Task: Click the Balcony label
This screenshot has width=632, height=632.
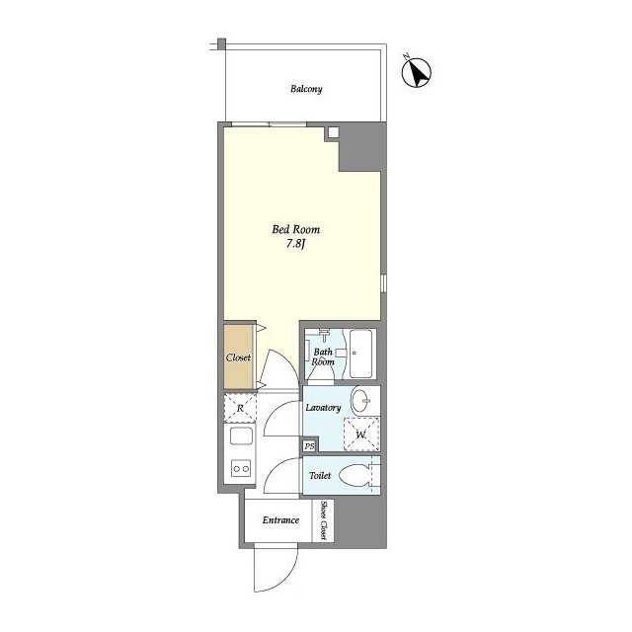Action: (x=306, y=89)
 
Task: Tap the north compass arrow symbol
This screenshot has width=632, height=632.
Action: (x=417, y=71)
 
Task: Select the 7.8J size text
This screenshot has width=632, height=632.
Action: (x=296, y=244)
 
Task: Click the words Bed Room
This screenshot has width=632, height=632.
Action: (x=296, y=230)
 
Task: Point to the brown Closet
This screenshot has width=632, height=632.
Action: (x=238, y=357)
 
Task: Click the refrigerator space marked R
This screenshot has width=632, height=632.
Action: (x=240, y=408)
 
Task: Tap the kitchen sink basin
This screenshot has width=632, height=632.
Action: (x=241, y=436)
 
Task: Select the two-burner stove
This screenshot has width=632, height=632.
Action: (x=241, y=468)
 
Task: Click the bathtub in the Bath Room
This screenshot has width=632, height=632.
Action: (x=360, y=354)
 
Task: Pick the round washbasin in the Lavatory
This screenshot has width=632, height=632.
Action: (x=361, y=401)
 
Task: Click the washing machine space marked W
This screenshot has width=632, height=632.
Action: (x=361, y=434)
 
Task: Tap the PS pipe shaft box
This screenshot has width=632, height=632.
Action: (x=309, y=446)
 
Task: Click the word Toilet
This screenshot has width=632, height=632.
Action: (x=320, y=476)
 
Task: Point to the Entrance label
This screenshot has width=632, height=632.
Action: (x=280, y=520)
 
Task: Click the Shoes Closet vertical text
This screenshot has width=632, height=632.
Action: (x=323, y=520)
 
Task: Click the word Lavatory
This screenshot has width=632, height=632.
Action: (x=323, y=408)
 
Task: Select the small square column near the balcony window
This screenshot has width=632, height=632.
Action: (x=333, y=132)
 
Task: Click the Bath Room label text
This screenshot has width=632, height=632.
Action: (x=323, y=356)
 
